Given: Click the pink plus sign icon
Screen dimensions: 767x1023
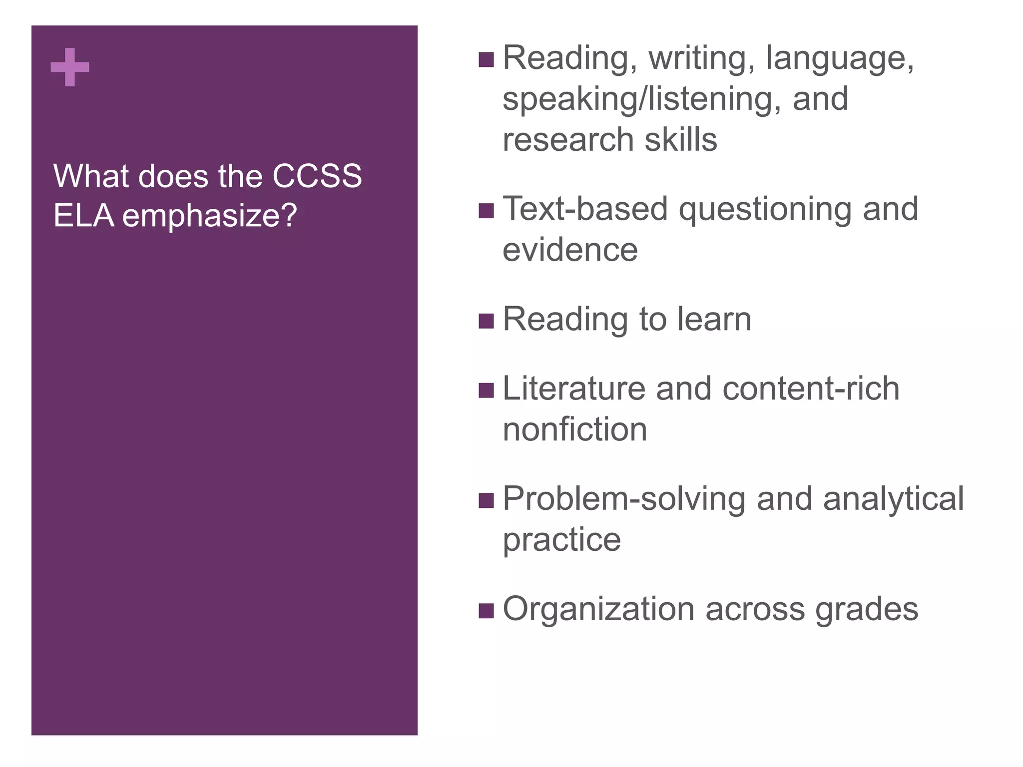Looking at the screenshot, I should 70,67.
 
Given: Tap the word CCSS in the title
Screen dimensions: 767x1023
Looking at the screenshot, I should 317,176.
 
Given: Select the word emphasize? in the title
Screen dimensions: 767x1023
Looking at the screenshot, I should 210,216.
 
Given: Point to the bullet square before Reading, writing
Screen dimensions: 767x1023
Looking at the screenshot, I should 486,60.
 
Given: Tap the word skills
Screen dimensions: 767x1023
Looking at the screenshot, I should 681,139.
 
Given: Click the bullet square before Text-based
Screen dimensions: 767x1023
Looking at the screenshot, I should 486,211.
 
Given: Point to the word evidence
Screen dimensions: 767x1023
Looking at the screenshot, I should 570,250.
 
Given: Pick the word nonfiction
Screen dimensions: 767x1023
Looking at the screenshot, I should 574,429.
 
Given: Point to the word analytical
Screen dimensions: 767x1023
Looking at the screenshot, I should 893,499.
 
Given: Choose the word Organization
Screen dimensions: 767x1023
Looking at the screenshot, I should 598,609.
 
